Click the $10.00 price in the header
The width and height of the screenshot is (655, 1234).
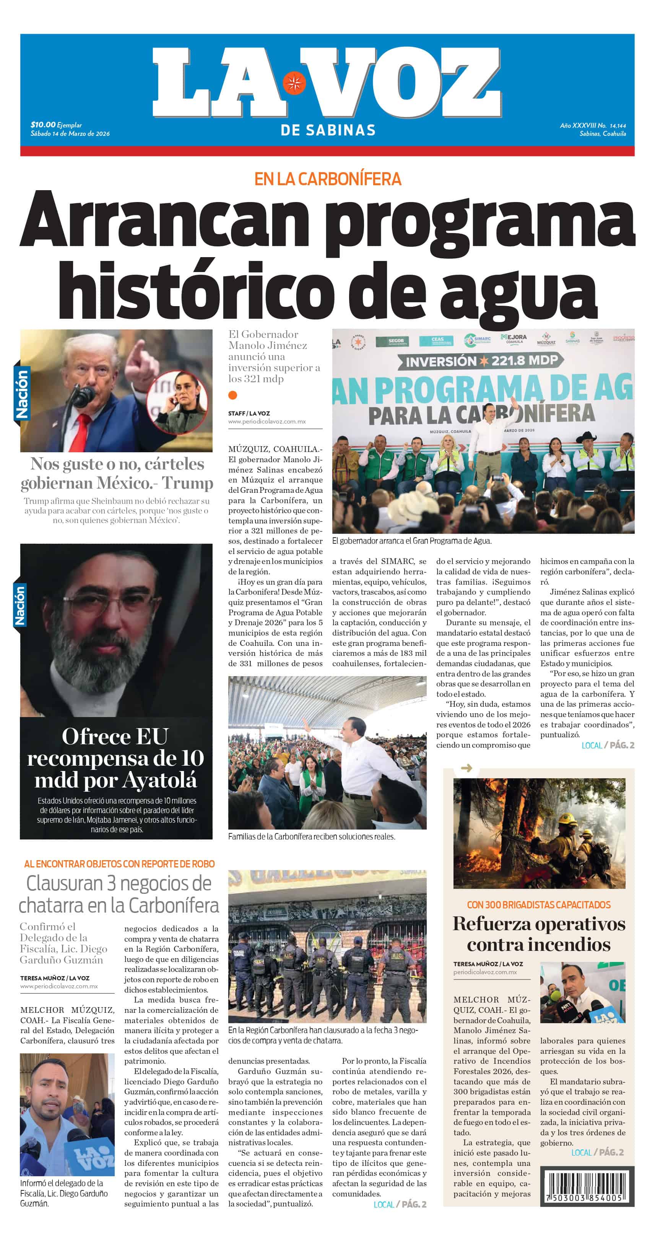click(x=43, y=125)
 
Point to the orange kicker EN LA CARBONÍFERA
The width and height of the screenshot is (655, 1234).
click(x=327, y=179)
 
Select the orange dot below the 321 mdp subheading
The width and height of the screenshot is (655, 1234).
click(x=233, y=395)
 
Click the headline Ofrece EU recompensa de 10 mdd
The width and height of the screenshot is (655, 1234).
click(x=115, y=758)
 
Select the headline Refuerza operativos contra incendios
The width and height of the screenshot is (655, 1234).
click(x=539, y=934)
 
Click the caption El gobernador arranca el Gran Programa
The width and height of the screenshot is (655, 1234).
click(x=412, y=541)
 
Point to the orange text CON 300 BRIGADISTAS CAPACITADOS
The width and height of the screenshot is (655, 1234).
click(x=539, y=905)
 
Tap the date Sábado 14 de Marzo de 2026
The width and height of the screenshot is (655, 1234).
click(x=70, y=134)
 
